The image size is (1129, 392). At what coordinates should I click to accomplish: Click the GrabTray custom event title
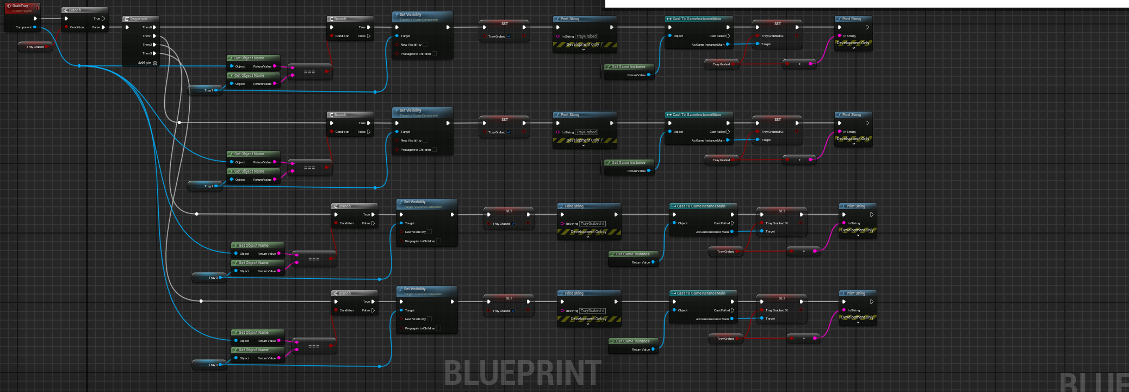coord(20,6)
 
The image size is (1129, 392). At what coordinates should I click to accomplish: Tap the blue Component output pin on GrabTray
coord(35,27)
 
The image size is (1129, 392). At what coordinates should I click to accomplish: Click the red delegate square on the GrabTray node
coord(37,8)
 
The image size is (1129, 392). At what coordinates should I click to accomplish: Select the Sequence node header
coord(139,19)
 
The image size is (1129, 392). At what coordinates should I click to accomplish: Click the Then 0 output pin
coord(154,27)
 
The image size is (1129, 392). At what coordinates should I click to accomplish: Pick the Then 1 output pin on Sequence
coord(154,36)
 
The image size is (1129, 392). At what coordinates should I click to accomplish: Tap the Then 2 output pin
coord(154,45)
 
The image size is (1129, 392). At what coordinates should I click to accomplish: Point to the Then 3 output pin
coord(154,53)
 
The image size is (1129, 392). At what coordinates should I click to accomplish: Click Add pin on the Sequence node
coord(147,63)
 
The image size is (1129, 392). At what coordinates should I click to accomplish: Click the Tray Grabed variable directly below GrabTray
coord(35,47)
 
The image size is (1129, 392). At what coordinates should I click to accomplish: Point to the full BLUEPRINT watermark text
coord(522,373)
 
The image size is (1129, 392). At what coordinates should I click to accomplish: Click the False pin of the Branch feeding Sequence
coord(103,27)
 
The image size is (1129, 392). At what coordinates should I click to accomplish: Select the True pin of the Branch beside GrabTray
coord(103,19)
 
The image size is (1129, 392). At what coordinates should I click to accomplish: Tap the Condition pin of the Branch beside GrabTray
coord(66,27)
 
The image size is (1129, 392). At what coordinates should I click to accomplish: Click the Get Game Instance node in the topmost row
coord(628,67)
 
